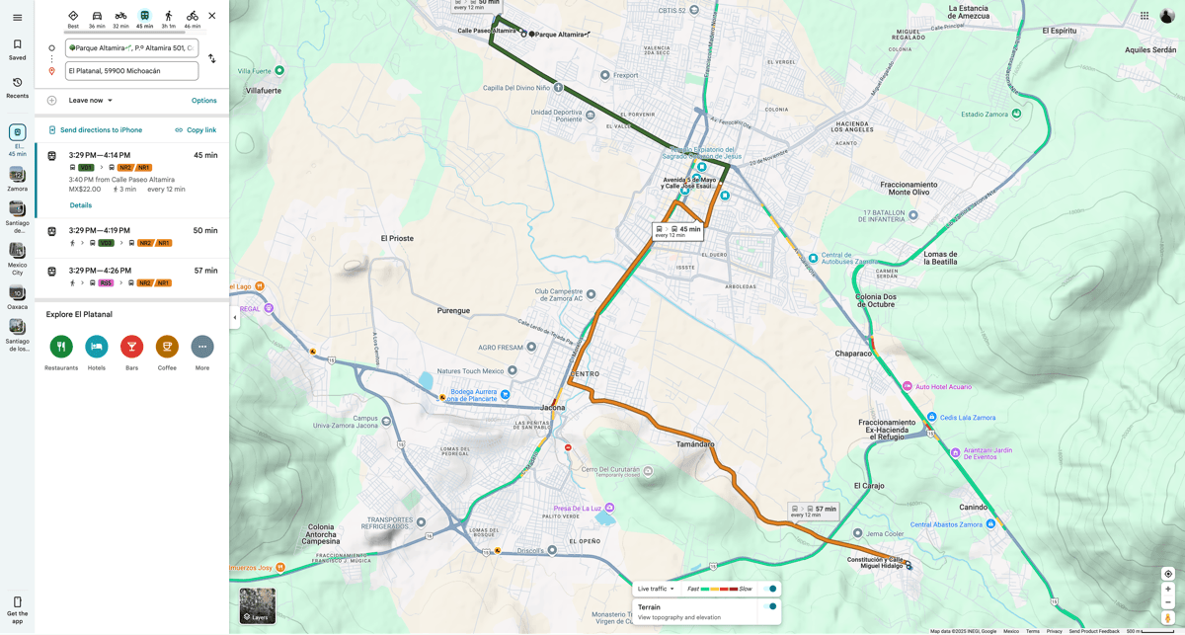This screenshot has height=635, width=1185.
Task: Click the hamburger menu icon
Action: coord(17,17)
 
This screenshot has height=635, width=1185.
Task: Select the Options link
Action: coord(203,101)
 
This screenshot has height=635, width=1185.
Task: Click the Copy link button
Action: coord(196,130)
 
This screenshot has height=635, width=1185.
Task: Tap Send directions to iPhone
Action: coord(95,130)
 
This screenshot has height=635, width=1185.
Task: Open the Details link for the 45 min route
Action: coord(81,205)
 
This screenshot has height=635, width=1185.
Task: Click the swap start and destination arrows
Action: coord(211,59)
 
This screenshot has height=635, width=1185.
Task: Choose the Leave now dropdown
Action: coord(91,101)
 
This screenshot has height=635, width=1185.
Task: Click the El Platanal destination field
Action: coord(131,71)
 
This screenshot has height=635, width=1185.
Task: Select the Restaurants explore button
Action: coord(61,347)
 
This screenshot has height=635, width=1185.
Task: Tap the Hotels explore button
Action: coord(97,347)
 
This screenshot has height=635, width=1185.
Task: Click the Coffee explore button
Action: coord(167,347)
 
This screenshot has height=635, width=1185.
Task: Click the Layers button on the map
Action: coord(258,605)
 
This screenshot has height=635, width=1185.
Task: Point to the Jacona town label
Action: coord(552,407)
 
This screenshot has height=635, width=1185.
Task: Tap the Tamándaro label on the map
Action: coord(695,444)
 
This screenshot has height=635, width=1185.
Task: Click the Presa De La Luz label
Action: coord(578,509)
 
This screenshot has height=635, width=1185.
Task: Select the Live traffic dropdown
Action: coord(657,589)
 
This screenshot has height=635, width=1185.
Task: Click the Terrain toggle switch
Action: coord(772,607)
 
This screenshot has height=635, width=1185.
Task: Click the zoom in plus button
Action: coord(1167,589)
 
